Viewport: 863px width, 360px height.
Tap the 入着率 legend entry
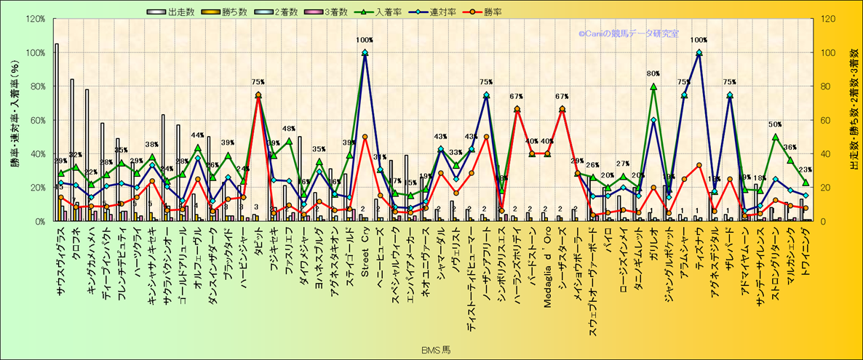coord(392,12)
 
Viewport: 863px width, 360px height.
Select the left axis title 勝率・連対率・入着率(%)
coord(15,120)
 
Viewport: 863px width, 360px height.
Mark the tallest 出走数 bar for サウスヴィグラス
coord(57,131)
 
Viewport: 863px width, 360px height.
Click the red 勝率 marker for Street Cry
coord(365,137)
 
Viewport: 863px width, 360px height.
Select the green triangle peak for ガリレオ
coord(653,87)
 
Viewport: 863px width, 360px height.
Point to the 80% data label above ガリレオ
coord(653,73)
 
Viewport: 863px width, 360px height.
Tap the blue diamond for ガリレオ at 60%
coord(653,120)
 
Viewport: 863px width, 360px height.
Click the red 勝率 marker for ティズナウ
coord(699,165)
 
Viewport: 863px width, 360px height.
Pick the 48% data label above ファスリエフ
coord(288,129)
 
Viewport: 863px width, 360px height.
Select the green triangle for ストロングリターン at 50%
coord(775,137)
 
